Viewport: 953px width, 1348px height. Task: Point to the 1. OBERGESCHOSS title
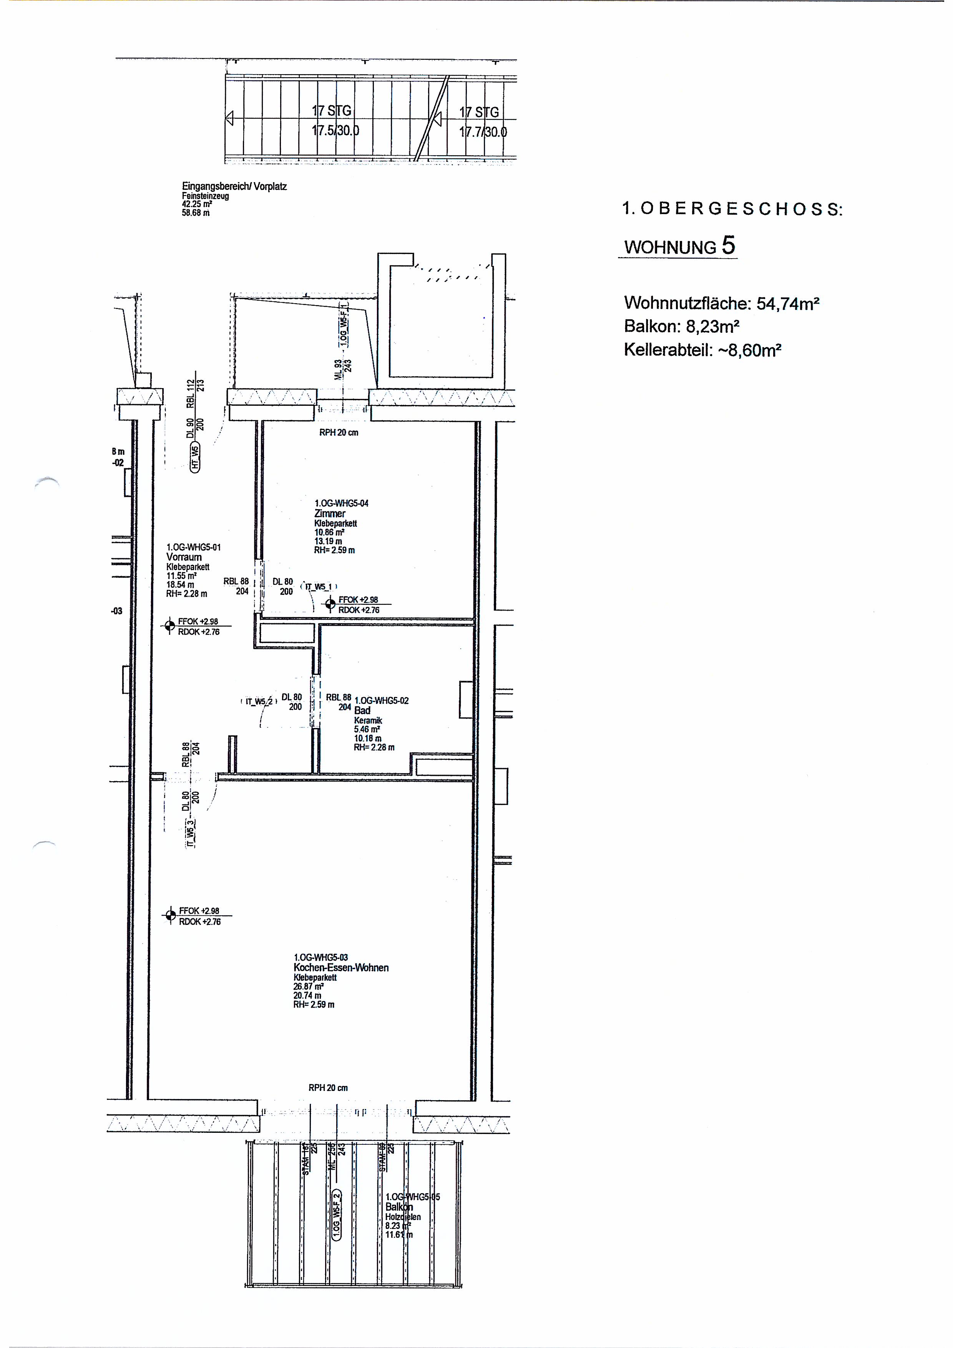(x=732, y=209)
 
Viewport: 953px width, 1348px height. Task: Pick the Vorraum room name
(x=184, y=557)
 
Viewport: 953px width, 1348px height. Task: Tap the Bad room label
(x=362, y=711)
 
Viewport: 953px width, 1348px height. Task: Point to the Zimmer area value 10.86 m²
(x=329, y=532)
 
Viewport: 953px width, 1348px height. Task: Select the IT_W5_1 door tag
(x=319, y=586)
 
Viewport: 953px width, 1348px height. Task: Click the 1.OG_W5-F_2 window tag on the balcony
(x=337, y=1214)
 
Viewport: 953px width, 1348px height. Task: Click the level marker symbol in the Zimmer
(x=329, y=603)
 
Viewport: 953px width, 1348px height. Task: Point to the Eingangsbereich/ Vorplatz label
(x=234, y=186)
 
